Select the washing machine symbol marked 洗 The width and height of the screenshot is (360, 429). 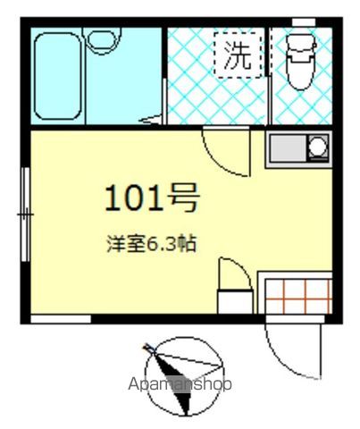238,57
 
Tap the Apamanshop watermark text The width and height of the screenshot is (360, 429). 180,384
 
